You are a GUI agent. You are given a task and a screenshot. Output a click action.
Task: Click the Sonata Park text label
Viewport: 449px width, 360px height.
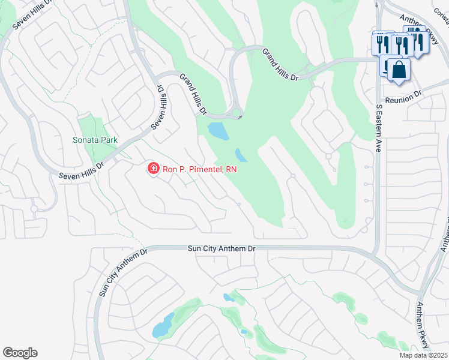pyautogui.click(x=95, y=140)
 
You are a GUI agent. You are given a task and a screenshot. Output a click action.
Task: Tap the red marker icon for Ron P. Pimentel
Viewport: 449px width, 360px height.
pyautogui.click(x=154, y=169)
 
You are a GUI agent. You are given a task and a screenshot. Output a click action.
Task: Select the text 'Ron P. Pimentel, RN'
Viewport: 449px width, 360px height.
pyautogui.click(x=200, y=170)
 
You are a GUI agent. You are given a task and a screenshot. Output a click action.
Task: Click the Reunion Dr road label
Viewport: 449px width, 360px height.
pyautogui.click(x=404, y=95)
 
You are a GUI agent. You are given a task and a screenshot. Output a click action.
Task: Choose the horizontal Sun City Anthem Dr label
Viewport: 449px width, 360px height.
pyautogui.click(x=221, y=247)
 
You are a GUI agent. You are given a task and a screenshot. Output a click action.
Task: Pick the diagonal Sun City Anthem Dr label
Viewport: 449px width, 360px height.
pyautogui.click(x=122, y=273)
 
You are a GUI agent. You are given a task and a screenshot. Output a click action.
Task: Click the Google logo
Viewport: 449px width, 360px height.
pyautogui.click(x=20, y=353)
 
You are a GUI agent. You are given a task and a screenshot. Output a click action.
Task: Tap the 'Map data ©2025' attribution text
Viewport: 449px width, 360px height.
pyautogui.click(x=423, y=355)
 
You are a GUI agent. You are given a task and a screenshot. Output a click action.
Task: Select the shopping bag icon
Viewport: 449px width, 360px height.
pyautogui.click(x=399, y=70)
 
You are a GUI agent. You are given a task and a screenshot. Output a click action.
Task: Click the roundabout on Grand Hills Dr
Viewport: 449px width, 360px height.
pyautogui.click(x=236, y=113)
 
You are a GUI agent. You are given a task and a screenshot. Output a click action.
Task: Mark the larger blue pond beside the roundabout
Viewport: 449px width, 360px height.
pyautogui.click(x=217, y=130)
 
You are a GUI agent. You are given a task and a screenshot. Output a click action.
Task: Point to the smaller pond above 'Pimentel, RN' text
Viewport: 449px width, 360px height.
pyautogui.click(x=240, y=155)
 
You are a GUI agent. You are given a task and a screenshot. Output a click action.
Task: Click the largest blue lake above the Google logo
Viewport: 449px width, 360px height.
pyautogui.click(x=162, y=327)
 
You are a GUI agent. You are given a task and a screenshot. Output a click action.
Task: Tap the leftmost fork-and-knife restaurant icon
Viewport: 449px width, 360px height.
pyautogui.click(x=381, y=43)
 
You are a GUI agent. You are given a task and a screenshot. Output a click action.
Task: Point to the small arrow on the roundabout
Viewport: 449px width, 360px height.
pyautogui.click(x=240, y=117)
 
